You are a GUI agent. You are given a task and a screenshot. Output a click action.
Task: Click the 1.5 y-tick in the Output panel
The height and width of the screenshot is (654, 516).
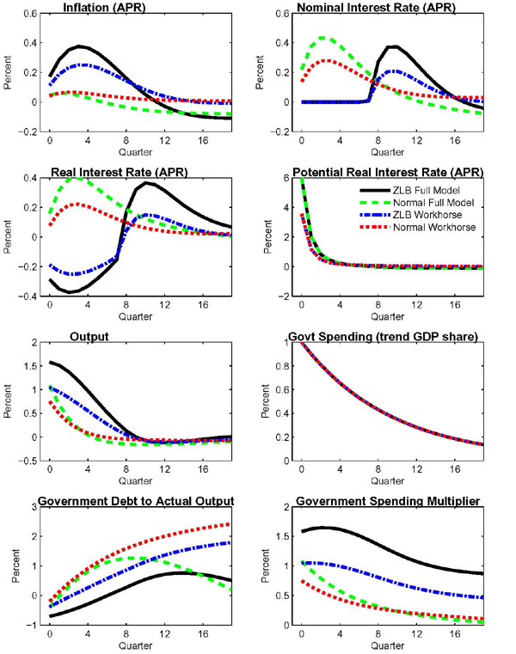coord(28,366)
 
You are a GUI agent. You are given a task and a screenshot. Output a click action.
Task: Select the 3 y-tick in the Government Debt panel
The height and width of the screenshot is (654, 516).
coord(32,507)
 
